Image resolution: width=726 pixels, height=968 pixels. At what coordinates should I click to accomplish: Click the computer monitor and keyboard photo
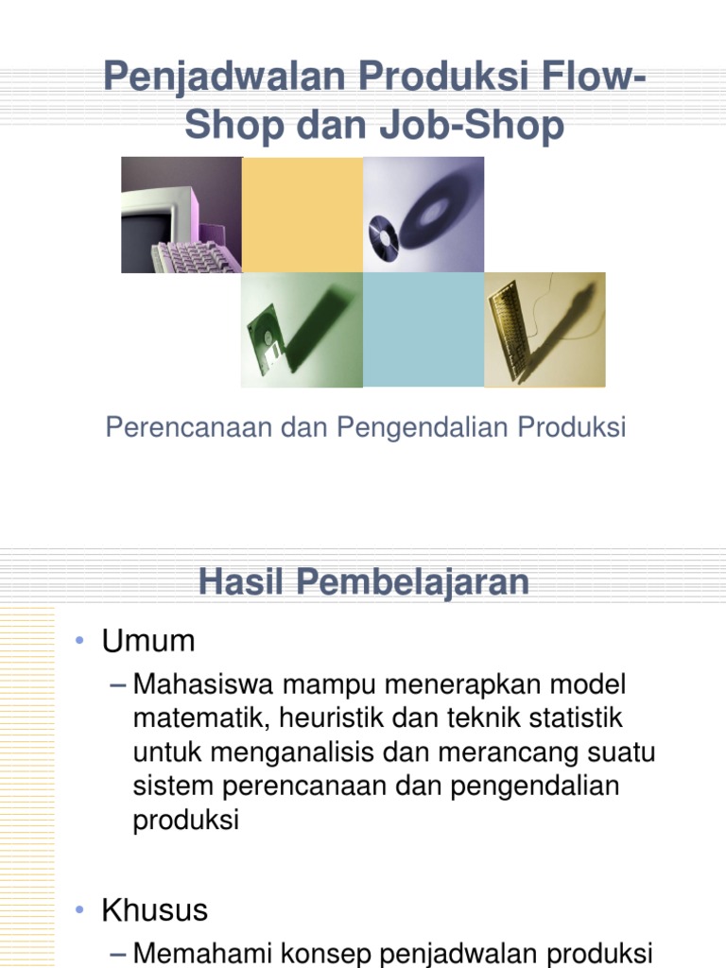[181, 216]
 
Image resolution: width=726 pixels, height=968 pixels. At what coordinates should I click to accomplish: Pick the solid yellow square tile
[302, 215]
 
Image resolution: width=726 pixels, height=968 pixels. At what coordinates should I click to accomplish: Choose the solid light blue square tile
[423, 329]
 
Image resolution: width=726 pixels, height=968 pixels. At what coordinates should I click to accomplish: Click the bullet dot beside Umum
[82, 642]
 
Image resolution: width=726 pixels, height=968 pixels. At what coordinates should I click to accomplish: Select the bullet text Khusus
[154, 910]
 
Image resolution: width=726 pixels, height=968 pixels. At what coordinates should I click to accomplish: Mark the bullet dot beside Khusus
[82, 911]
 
